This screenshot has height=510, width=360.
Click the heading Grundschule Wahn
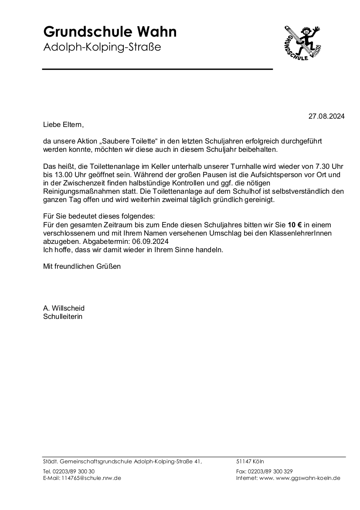[x=110, y=32]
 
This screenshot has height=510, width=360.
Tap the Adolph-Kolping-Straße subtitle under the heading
[x=102, y=47]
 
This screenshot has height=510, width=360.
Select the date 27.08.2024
[x=326, y=116]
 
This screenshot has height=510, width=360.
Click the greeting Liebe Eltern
[x=63, y=124]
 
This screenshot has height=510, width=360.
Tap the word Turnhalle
[x=242, y=166]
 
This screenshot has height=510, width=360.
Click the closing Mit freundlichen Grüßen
[x=82, y=266]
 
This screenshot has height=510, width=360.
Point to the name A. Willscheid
[x=64, y=308]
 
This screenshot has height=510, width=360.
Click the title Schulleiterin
[x=62, y=316]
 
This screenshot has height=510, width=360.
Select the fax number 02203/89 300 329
[x=270, y=472]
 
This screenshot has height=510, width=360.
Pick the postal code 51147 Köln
[x=250, y=461]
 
